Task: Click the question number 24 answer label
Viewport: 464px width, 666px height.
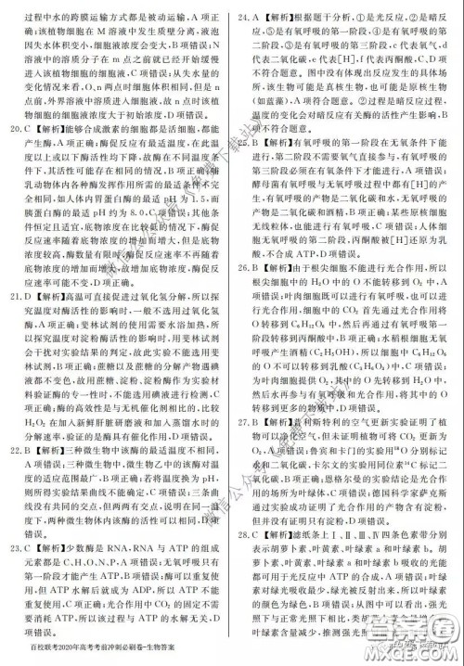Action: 244,17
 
